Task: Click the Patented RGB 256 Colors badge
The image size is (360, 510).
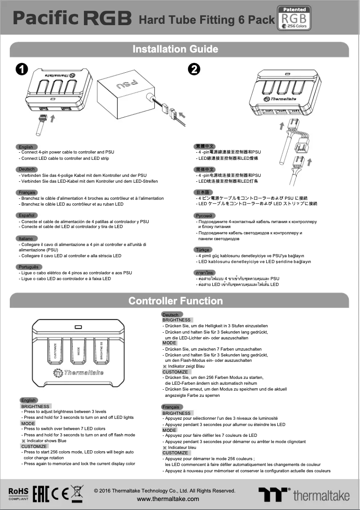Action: (x=294, y=18)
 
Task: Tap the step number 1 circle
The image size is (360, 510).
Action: (x=22, y=70)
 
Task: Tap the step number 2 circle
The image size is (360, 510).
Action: (x=193, y=70)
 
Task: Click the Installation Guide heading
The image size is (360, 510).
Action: (x=175, y=49)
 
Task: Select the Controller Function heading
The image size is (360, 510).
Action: (x=175, y=300)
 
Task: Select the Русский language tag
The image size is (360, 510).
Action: (x=205, y=215)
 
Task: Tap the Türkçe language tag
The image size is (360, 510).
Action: (x=203, y=250)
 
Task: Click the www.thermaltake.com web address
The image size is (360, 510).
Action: (x=168, y=499)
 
